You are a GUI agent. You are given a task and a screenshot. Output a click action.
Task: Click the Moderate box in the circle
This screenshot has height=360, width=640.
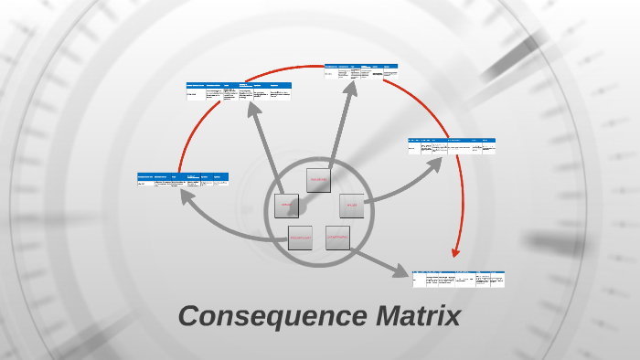pos(318,180)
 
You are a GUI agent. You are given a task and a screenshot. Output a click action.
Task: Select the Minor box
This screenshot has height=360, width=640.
pos(286,205)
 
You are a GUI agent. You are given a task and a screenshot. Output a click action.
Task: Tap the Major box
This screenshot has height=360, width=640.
pos(352,206)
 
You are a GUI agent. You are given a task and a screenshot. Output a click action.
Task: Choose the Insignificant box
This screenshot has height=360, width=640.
pos(300,238)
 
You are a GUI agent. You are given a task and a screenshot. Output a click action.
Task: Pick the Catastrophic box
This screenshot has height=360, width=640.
pos(337,238)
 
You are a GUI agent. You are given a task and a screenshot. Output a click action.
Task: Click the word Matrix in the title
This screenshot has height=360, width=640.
pos(418,317)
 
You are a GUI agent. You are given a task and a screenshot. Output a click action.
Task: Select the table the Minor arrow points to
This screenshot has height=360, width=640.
pos(239,90)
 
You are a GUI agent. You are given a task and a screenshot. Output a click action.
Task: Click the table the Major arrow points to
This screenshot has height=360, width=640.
pos(452,145)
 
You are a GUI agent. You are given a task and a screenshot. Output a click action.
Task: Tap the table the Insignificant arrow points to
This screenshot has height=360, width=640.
pos(183,179)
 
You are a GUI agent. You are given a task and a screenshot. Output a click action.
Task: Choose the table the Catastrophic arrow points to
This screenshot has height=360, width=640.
pos(458,278)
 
